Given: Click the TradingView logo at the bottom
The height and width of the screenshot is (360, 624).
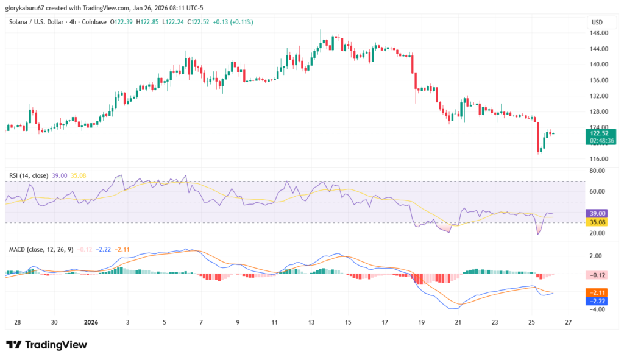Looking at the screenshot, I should [47, 345].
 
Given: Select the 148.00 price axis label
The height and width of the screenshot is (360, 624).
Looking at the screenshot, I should [597, 33].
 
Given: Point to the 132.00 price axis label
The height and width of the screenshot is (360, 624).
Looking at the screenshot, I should [597, 96].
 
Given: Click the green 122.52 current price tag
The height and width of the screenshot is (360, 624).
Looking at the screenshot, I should [597, 133].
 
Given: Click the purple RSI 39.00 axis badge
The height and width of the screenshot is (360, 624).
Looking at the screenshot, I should [597, 213].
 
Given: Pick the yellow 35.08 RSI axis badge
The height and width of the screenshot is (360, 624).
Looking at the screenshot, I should [597, 222].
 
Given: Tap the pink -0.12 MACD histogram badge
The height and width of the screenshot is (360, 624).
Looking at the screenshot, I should [597, 275].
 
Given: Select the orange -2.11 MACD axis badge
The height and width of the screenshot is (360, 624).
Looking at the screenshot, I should [597, 292].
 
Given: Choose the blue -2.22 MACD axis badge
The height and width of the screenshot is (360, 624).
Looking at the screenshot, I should [597, 301].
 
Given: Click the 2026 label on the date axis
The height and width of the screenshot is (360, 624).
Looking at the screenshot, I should [91, 322].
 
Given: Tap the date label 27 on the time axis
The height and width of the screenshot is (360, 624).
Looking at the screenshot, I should [569, 322].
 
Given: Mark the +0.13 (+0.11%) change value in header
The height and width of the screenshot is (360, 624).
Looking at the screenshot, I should [233, 22].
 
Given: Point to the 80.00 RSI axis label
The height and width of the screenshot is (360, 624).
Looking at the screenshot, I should [597, 171].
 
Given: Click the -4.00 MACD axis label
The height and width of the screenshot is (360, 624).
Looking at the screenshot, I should [597, 309].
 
